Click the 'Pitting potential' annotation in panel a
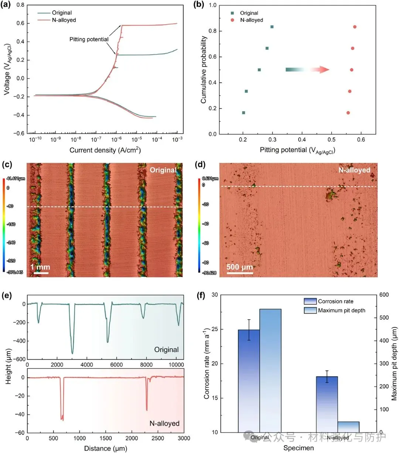coord(89,39)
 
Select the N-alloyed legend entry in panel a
coord(63,20)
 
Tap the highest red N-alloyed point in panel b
coord(355,27)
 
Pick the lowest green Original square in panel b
coord(243,113)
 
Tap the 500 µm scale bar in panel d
coord(240,273)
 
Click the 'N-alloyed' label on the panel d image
coord(354,170)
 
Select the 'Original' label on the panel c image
coord(163,170)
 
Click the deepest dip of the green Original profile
coord(72,353)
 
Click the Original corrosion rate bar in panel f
coord(249,381)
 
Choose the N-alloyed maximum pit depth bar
coord(348,427)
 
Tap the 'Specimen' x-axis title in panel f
coord(299,448)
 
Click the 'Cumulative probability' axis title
coord(204,70)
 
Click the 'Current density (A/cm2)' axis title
coord(105,150)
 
